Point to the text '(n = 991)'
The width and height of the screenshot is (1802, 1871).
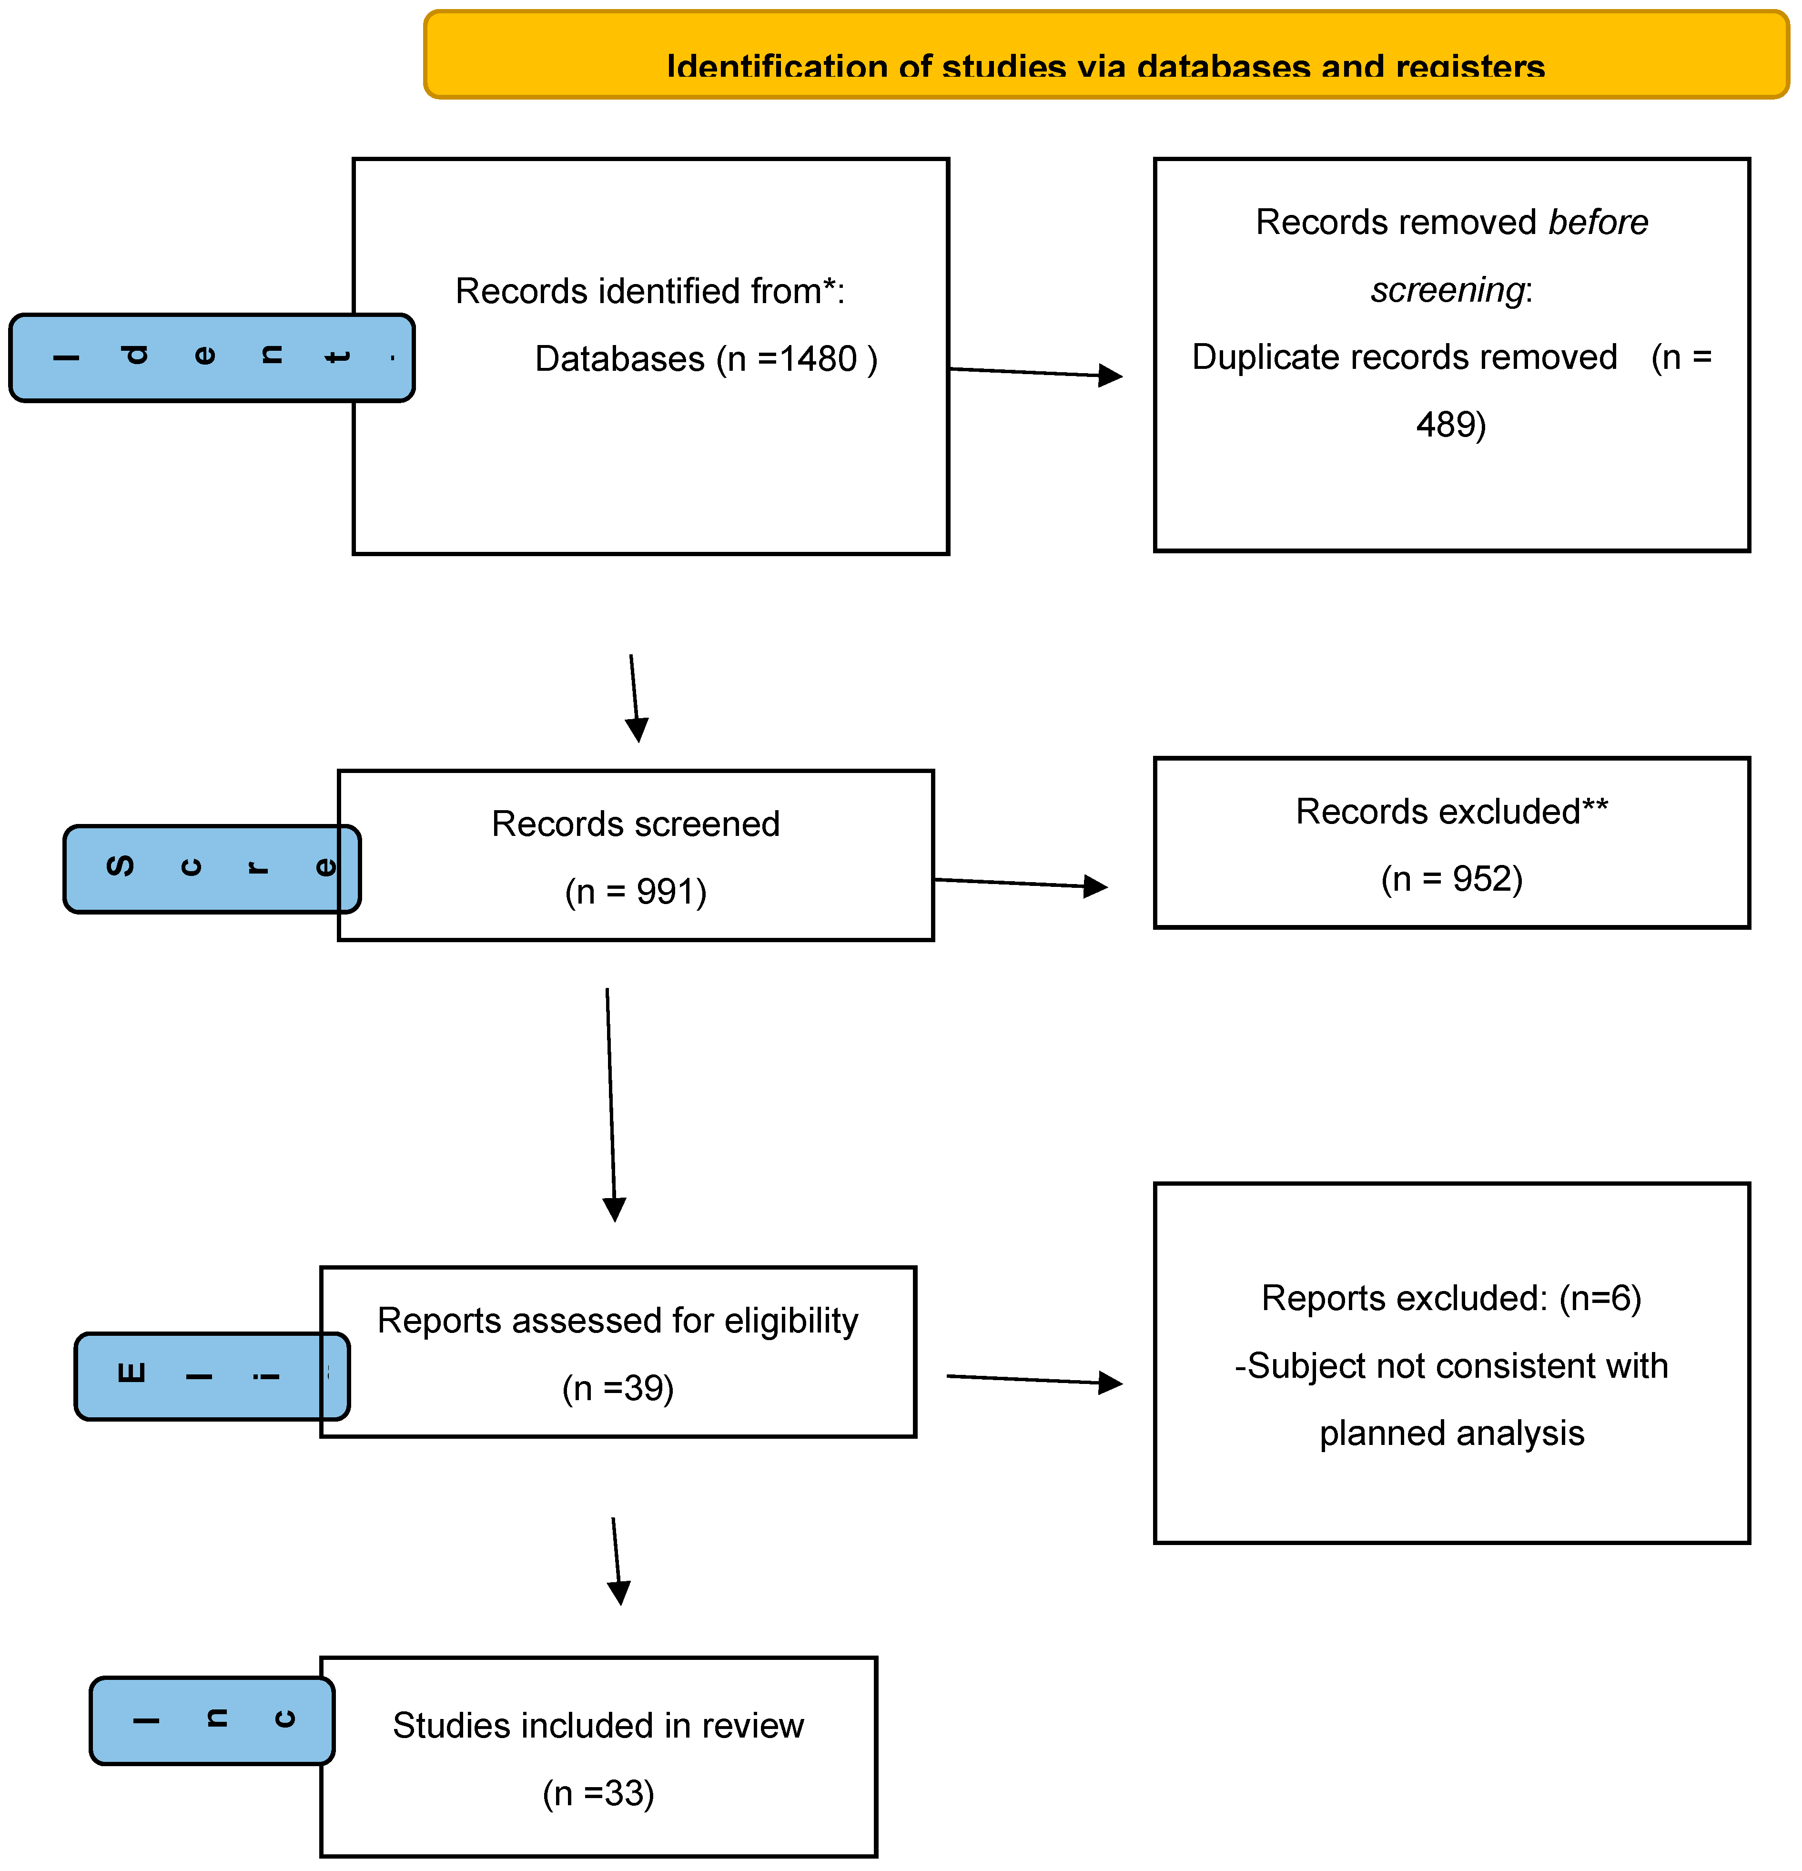pos(636,892)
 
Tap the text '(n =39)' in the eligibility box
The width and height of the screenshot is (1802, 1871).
pos(618,1388)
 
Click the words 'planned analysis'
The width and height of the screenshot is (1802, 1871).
pos(1451,1434)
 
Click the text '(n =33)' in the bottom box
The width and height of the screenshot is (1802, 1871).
pos(598,1794)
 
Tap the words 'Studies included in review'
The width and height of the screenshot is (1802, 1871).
pos(598,1726)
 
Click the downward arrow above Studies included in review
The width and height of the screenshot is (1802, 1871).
pos(617,1561)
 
